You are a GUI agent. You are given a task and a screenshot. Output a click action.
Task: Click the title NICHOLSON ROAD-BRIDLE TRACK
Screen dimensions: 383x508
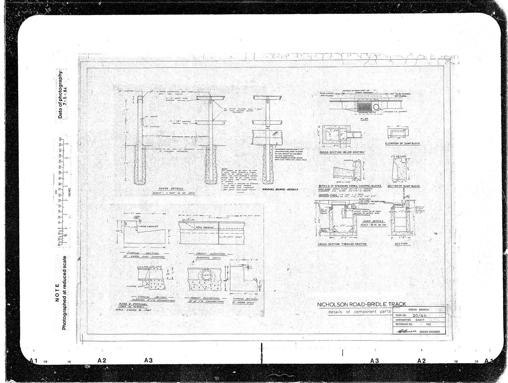tap(362, 304)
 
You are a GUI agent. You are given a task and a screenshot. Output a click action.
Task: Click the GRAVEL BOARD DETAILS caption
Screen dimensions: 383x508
tap(282, 189)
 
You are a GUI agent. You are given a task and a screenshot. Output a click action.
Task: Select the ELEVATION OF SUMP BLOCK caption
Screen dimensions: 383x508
tap(402, 143)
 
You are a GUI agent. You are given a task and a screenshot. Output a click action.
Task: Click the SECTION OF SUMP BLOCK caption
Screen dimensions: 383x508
tap(404, 186)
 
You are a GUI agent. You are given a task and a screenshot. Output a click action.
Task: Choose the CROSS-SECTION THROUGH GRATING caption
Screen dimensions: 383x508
tap(342, 244)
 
